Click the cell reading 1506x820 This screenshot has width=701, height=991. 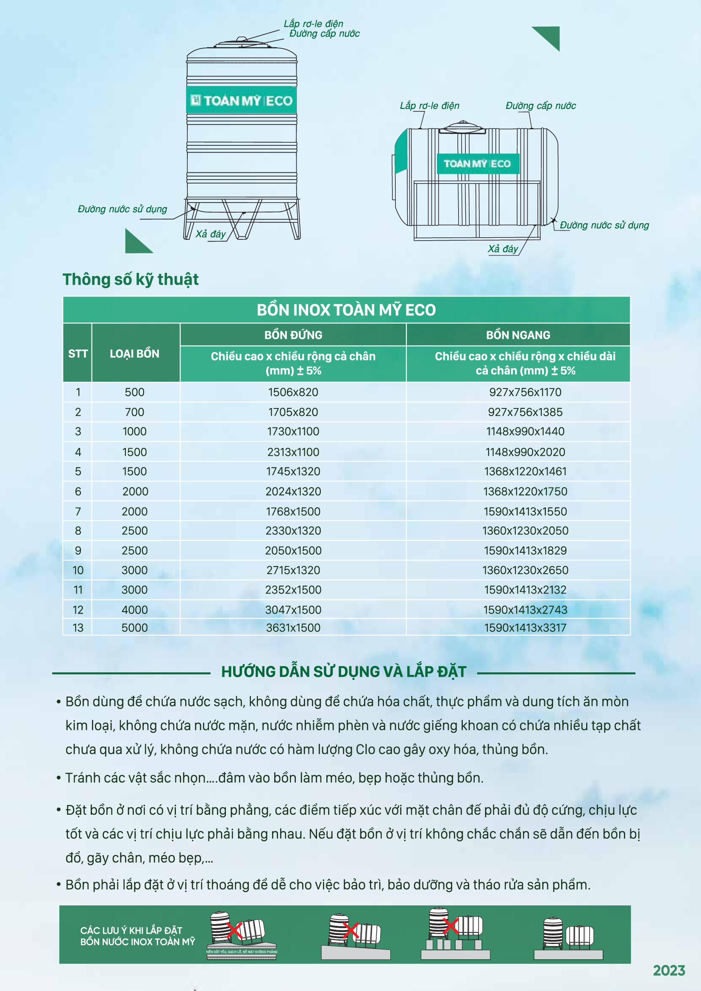tap(293, 392)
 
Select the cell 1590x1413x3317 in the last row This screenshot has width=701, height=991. tap(525, 627)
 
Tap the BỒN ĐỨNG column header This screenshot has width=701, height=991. tap(293, 335)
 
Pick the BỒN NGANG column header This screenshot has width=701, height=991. tap(518, 335)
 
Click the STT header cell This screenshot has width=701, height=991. tap(78, 353)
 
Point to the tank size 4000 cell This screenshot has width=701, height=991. tap(135, 610)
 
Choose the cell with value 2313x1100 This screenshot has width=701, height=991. tap(293, 452)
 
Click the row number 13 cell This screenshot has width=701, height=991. tap(78, 627)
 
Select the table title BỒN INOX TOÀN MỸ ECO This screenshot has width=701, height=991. tap(346, 310)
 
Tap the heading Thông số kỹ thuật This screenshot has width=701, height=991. tap(131, 280)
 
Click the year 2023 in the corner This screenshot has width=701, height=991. tap(669, 971)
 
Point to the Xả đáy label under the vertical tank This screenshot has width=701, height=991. tap(211, 234)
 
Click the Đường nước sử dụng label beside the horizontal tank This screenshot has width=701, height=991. tap(604, 225)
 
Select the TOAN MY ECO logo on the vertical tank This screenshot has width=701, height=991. tap(242, 100)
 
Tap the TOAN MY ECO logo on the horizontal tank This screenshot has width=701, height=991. tap(477, 164)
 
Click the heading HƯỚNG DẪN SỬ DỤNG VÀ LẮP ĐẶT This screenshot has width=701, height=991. tap(344, 672)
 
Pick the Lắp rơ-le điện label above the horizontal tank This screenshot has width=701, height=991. tap(429, 106)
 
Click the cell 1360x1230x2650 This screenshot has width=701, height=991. tap(525, 570)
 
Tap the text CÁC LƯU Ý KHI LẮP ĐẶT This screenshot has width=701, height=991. tap(131, 930)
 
